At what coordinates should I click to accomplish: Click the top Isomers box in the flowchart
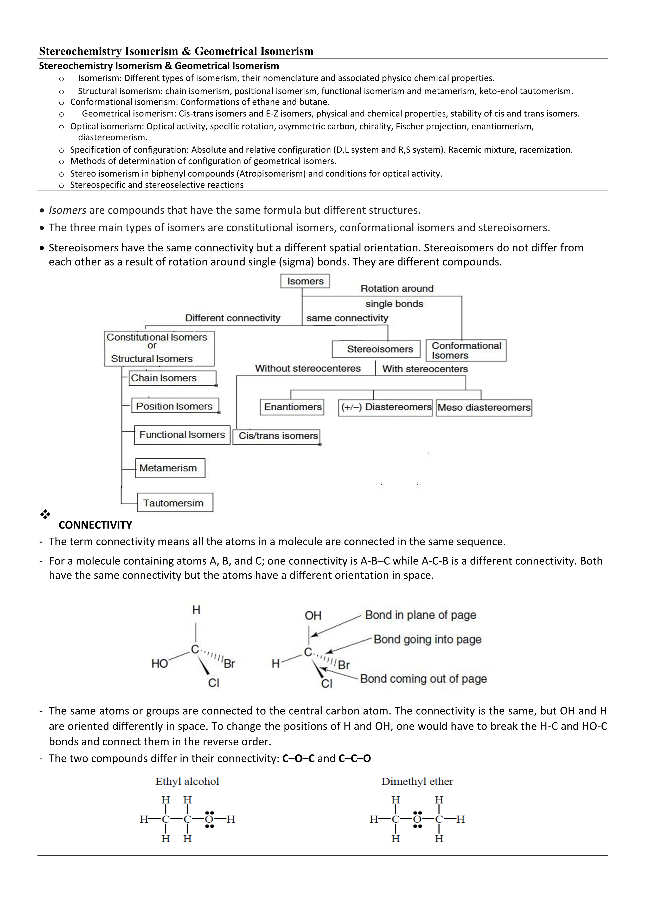coord(305,281)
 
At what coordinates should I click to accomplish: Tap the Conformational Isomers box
coord(466,350)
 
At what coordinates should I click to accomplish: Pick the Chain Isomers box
coord(173,378)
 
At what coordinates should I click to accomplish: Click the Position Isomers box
coord(175,406)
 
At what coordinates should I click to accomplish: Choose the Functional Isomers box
coord(182,435)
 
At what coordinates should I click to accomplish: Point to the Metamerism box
coord(170,468)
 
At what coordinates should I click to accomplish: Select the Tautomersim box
coord(175,503)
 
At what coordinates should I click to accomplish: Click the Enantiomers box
coord(292,407)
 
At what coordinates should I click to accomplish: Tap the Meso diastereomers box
coord(484,408)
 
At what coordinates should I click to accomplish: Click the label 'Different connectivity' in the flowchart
coord(233,318)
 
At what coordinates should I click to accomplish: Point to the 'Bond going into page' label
coord(427,639)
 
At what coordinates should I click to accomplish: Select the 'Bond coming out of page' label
coord(423,679)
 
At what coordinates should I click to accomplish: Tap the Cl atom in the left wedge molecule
coord(214,683)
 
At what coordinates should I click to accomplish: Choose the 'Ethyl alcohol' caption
coord(187,782)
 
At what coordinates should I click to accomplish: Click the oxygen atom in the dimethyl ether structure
coord(417,819)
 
